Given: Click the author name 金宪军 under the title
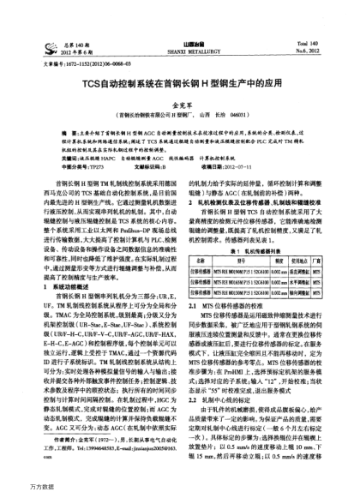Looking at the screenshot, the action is pos(180,103).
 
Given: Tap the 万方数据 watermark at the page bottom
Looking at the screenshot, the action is pos(19,489).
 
